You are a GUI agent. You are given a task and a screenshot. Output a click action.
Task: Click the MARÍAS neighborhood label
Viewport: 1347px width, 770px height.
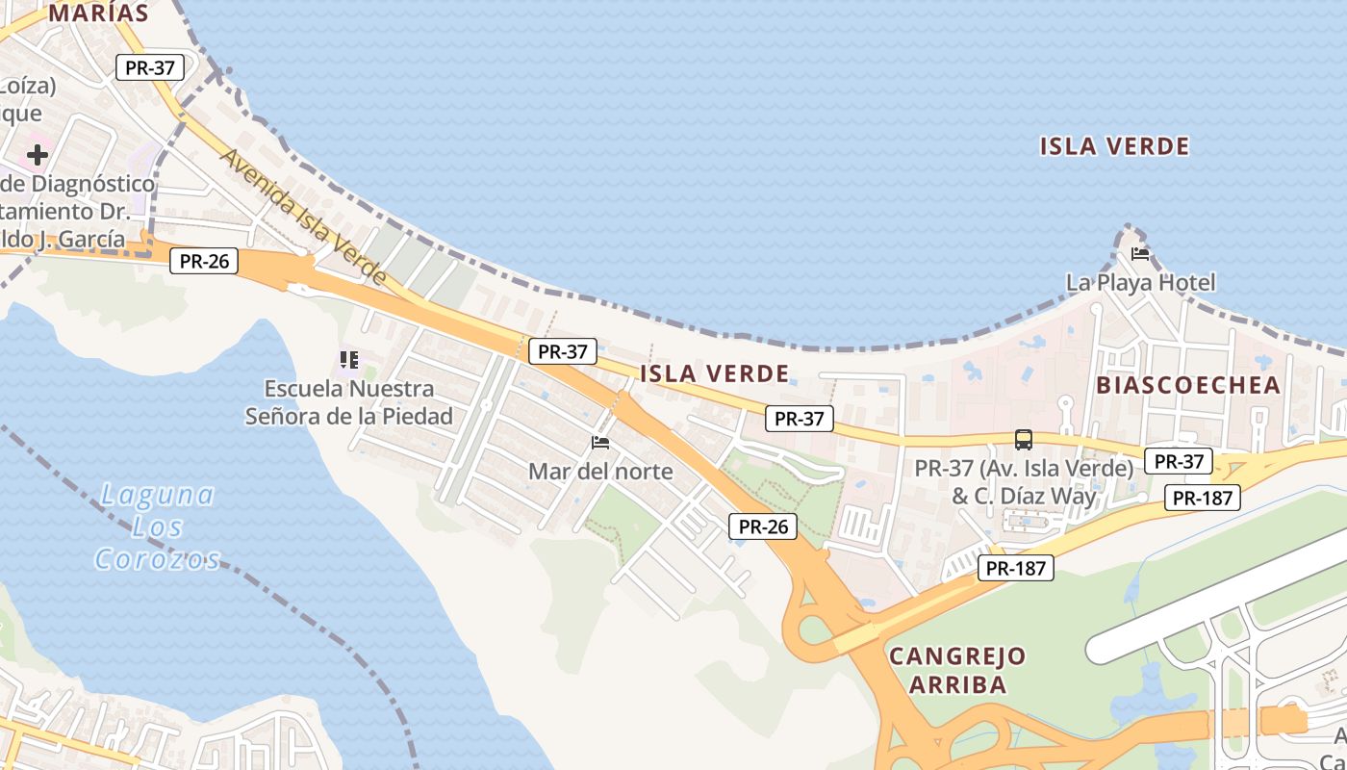pyautogui.click(x=99, y=13)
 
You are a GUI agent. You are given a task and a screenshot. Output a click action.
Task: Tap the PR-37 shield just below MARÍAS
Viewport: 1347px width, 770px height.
pyautogui.click(x=150, y=67)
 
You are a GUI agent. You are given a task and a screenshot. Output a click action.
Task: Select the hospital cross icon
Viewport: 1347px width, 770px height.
pyautogui.click(x=38, y=154)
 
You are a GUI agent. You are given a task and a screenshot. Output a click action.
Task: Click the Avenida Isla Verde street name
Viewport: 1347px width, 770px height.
pyautogui.click(x=303, y=217)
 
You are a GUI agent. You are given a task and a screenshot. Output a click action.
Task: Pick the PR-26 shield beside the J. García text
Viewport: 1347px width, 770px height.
pyautogui.click(x=204, y=261)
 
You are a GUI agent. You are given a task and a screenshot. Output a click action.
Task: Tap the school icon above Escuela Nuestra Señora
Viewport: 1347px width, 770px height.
pyautogui.click(x=348, y=360)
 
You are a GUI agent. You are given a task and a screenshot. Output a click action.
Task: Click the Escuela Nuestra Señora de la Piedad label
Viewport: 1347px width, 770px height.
pyautogui.click(x=349, y=402)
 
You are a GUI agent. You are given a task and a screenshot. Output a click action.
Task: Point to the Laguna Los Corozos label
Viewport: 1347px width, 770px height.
pyautogui.click(x=157, y=526)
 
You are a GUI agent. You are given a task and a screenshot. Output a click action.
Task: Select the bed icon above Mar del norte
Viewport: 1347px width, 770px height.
pyautogui.click(x=600, y=443)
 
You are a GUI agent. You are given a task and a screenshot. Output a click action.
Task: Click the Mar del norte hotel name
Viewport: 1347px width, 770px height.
pyautogui.click(x=600, y=473)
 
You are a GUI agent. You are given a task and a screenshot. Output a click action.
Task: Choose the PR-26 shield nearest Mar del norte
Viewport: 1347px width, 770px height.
pyautogui.click(x=763, y=526)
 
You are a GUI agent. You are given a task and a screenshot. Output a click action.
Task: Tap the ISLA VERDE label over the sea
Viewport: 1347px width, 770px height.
pyautogui.click(x=1114, y=146)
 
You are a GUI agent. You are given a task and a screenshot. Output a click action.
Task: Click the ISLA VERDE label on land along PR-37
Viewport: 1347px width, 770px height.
pyautogui.click(x=714, y=373)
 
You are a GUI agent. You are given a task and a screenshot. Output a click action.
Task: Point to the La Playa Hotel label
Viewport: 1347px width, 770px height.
pyautogui.click(x=1140, y=282)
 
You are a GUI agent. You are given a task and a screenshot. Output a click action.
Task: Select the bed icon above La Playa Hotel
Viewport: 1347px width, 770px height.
pyautogui.click(x=1140, y=254)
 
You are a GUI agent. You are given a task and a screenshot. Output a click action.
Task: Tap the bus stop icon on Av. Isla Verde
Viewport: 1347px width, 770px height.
pyautogui.click(x=1024, y=440)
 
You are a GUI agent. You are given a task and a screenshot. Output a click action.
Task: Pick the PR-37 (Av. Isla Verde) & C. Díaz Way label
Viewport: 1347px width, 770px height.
pyautogui.click(x=1024, y=482)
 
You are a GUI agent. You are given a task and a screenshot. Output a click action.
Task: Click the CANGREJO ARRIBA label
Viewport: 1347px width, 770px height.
pyautogui.click(x=957, y=671)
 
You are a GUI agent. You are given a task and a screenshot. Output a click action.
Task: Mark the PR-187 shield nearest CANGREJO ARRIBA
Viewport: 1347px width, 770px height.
pyautogui.click(x=1016, y=568)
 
